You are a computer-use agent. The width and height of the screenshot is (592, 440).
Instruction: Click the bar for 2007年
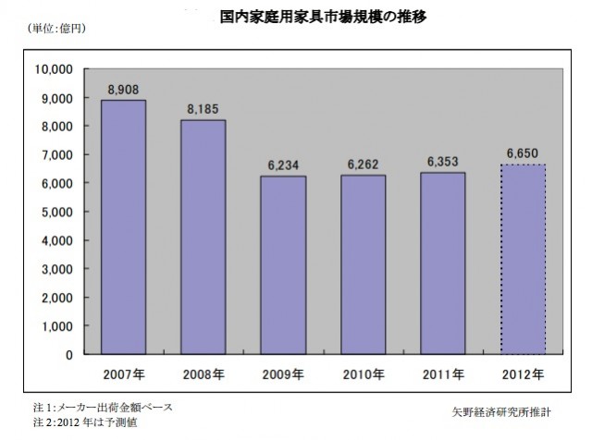point(123,227)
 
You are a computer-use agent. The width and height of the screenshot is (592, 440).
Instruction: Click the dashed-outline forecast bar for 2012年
point(523,259)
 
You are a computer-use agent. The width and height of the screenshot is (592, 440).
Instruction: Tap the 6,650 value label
point(523,153)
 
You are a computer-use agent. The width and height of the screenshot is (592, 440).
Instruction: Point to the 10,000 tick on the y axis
point(53,69)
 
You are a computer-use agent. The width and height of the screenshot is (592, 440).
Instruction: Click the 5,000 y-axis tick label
point(56,212)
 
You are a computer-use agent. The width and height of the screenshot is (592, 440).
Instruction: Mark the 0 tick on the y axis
point(68,355)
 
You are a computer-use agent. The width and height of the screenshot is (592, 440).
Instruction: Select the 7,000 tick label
point(56,154)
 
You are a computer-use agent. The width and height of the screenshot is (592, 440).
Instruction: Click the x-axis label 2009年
point(283,374)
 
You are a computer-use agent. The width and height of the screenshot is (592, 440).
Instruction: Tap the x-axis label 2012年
point(523,374)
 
